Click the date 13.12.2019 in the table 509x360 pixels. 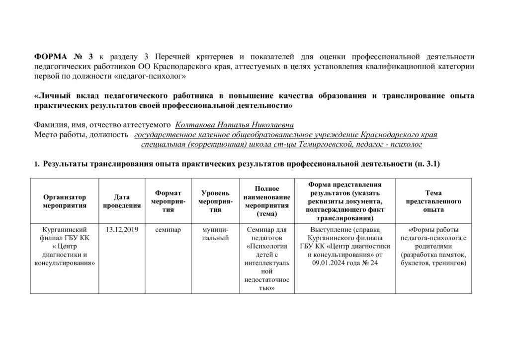(x=122, y=229)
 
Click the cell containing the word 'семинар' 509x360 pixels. (x=168, y=229)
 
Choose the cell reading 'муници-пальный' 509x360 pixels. (x=215, y=234)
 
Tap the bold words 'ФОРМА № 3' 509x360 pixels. (x=64, y=56)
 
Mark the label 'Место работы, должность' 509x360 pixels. (x=81, y=134)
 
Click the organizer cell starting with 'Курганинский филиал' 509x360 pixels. (x=65, y=246)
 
